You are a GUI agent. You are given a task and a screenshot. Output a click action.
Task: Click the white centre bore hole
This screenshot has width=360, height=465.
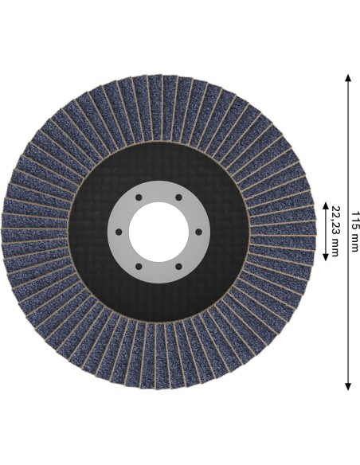pyautogui.click(x=158, y=232)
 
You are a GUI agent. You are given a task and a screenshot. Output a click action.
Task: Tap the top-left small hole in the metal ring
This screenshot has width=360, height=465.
pyautogui.click(x=139, y=197)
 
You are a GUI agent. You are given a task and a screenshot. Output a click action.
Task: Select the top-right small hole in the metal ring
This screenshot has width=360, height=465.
pyautogui.click(x=178, y=197)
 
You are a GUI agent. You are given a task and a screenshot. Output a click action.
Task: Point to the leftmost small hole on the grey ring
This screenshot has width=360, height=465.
pyautogui.click(x=119, y=232)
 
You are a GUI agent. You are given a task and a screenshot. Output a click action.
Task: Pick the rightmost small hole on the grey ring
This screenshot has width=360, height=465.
pyautogui.click(x=198, y=232)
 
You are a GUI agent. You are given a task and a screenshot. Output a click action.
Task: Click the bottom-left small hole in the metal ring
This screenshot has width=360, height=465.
pyautogui.click(x=139, y=267)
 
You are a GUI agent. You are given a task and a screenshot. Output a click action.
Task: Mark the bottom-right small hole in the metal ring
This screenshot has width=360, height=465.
pyautogui.click(x=178, y=267)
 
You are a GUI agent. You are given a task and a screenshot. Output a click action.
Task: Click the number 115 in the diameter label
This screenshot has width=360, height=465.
pyautogui.click(x=354, y=220)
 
